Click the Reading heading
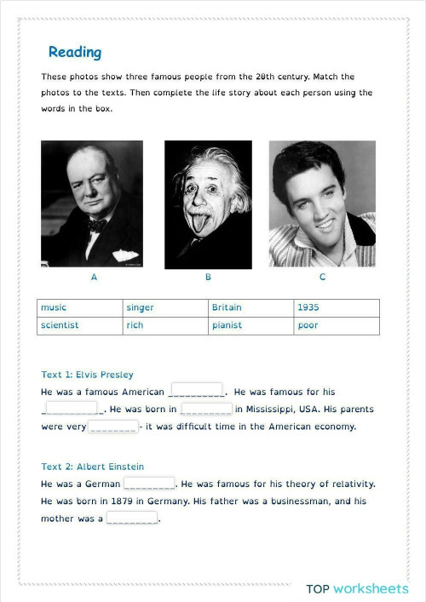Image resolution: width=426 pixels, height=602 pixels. coord(75,53)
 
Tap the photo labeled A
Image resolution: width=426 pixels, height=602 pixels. coord(92,204)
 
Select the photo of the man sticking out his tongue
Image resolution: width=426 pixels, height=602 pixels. coord(208,204)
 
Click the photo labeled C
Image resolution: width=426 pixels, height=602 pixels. coord(322,204)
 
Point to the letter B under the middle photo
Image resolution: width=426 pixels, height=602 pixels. coord(208,278)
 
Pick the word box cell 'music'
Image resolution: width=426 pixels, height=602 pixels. coord(80,307)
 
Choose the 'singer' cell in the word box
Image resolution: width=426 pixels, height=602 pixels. coord(165,307)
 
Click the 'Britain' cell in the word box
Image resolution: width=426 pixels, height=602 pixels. coord(251,307)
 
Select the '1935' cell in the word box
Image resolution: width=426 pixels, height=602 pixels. coord(337,307)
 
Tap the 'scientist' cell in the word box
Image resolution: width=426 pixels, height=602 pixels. coord(80,325)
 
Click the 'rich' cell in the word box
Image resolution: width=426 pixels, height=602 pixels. coord(165,325)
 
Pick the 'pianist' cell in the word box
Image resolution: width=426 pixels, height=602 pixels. coord(251,325)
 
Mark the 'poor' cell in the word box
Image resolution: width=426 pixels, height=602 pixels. coord(337,325)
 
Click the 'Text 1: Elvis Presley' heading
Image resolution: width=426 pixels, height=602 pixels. coord(87,375)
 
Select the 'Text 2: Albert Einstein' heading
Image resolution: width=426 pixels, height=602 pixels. coord(92,467)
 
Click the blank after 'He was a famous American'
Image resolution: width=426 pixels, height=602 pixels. coord(197,391)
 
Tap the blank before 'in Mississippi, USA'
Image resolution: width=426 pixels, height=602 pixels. coord(206,409)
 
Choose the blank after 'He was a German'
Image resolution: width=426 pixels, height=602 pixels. coord(149,483)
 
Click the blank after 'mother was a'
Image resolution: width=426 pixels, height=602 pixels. coord(132,518)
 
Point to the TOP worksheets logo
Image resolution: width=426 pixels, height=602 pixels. coord(357,588)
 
